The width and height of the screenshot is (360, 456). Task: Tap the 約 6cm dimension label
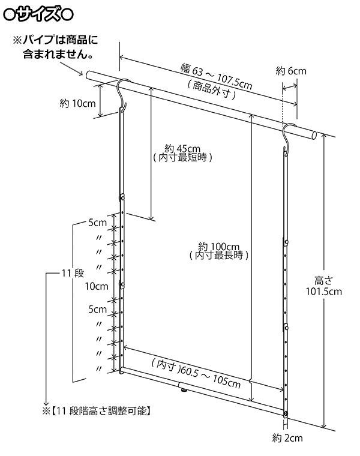[291, 71]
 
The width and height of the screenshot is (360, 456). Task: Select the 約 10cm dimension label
[78, 103]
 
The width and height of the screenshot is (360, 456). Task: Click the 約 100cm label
[218, 245]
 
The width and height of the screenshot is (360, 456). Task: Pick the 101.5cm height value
[326, 292]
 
